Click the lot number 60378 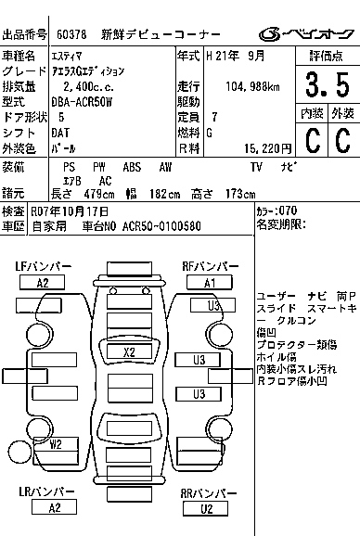click(71, 35)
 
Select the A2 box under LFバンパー click(42, 283)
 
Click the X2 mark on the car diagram click(129, 351)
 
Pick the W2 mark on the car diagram click(56, 444)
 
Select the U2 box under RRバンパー click(208, 508)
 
